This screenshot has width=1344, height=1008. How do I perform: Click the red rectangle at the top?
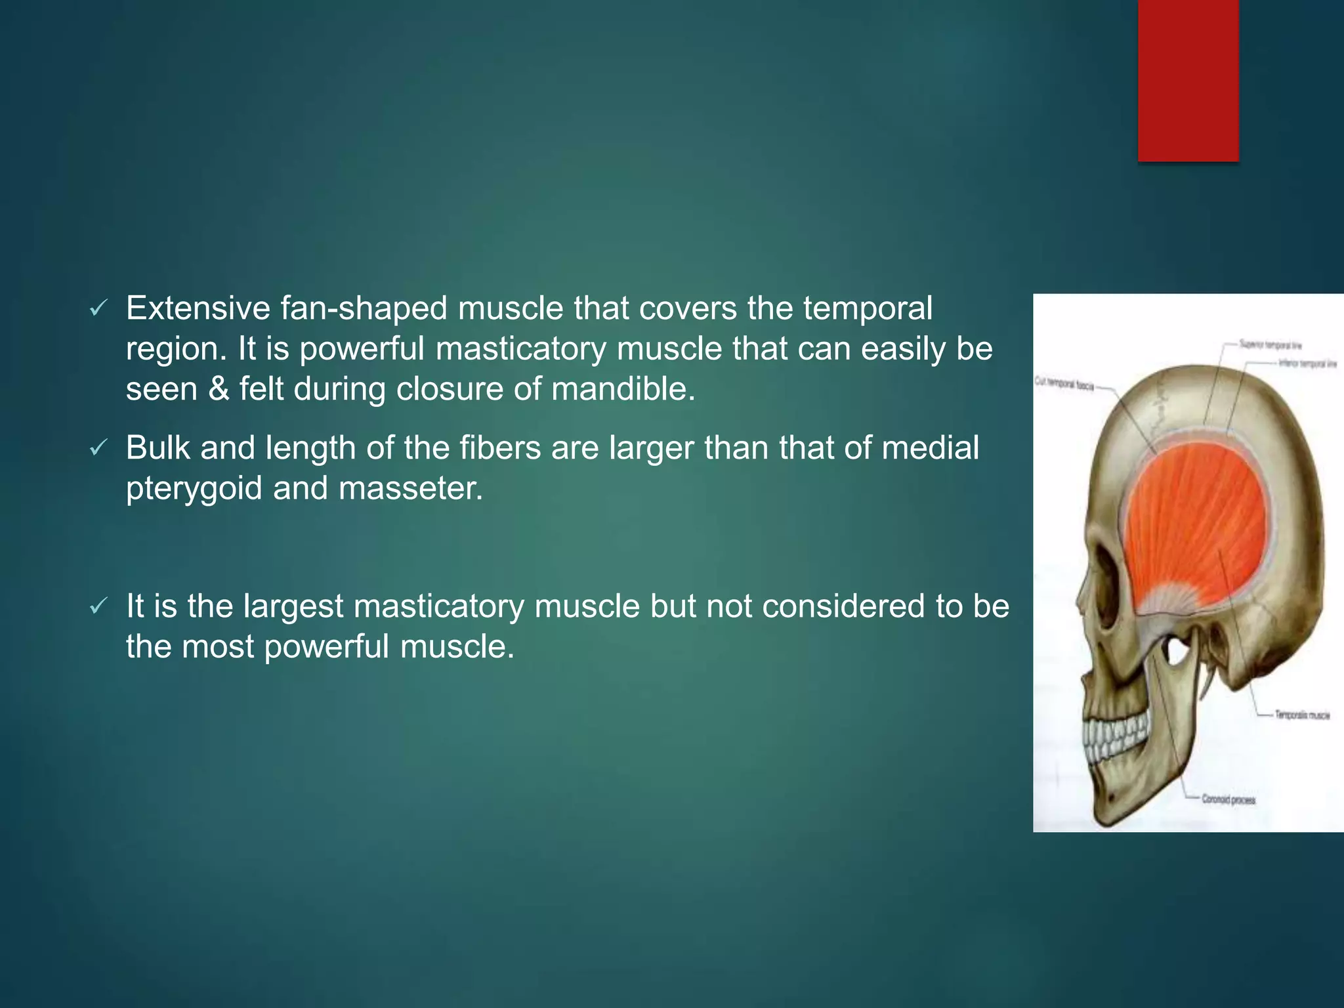1188,80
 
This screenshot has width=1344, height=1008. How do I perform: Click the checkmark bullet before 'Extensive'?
98,308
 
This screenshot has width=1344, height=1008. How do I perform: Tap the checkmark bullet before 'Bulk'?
98,448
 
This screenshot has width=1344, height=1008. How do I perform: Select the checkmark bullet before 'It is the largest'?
98,606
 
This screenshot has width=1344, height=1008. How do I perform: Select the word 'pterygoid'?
194,489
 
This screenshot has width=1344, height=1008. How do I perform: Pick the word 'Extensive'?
198,308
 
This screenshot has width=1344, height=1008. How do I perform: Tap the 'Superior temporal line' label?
1270,345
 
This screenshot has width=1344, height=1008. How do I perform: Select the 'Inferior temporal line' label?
1307,363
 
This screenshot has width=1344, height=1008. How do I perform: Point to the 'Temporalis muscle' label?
1302,715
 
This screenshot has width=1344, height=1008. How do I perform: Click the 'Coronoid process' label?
1228,799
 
